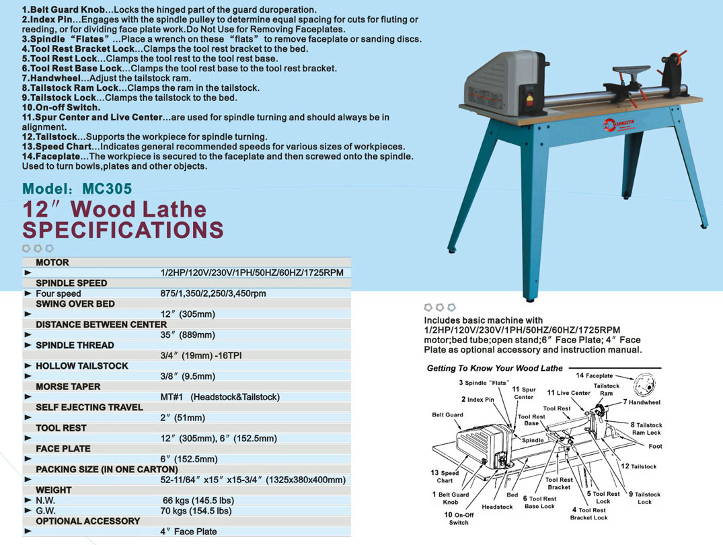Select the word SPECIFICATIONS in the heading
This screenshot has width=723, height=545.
pos(123,230)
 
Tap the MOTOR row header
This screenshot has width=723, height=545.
pos(52,262)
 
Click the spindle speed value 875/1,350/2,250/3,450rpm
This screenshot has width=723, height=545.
pos(213,293)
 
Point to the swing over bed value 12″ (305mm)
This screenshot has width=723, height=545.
pos(188,314)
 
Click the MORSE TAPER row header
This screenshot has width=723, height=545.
pos(68,387)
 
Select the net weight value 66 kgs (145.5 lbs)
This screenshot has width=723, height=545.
pos(198,501)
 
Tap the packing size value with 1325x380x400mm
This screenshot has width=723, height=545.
pos(253,480)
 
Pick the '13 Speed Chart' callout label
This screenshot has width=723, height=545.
pos(445,476)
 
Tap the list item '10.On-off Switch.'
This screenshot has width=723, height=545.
pos(61,107)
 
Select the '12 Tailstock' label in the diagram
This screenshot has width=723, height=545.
pos(638,466)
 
